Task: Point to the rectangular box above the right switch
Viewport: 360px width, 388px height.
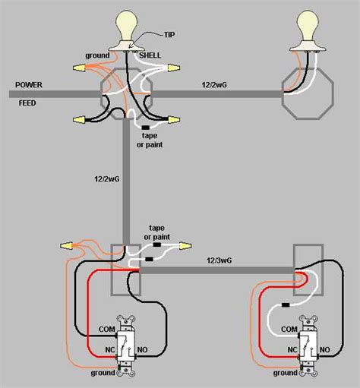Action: (x=308, y=270)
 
